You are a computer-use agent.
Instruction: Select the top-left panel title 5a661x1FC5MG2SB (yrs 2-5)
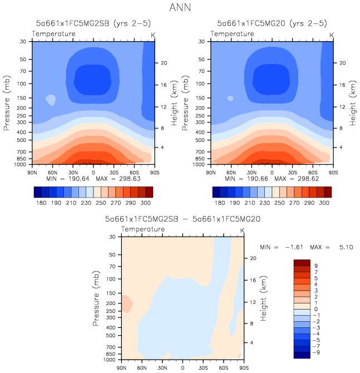tap(92, 23)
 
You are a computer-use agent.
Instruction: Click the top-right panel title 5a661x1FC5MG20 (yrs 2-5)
tap(272, 23)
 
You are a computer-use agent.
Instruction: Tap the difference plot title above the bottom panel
tap(183, 219)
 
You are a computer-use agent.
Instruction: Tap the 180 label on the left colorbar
tap(41, 204)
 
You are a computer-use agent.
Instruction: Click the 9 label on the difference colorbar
tap(316, 266)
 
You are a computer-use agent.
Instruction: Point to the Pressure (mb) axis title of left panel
tap(8, 103)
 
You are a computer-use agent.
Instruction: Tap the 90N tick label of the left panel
tap(33, 172)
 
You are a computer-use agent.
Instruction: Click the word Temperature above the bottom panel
tap(143, 229)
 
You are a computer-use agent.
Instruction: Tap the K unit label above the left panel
tap(154, 35)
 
